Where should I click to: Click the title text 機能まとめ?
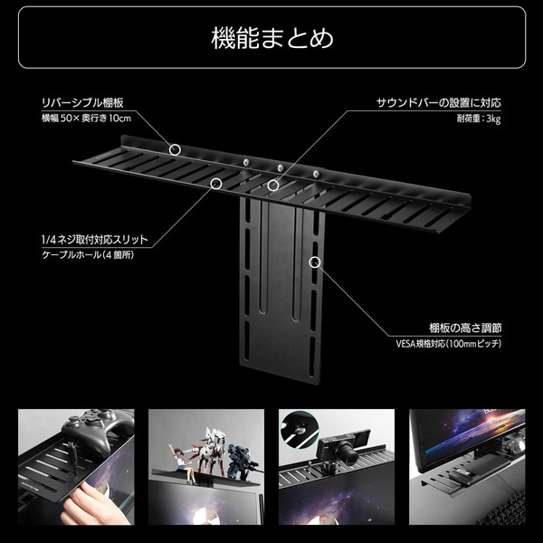click(271, 39)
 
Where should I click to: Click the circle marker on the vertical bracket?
click(315, 262)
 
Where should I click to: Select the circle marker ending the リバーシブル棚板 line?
click(176, 148)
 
